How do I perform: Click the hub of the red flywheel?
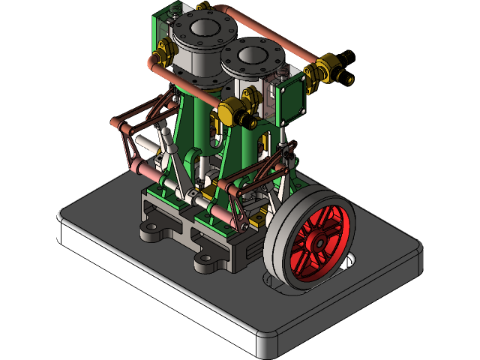318,242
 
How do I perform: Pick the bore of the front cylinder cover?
251,54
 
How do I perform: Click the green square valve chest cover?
291,103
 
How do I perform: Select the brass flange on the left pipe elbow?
163,56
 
